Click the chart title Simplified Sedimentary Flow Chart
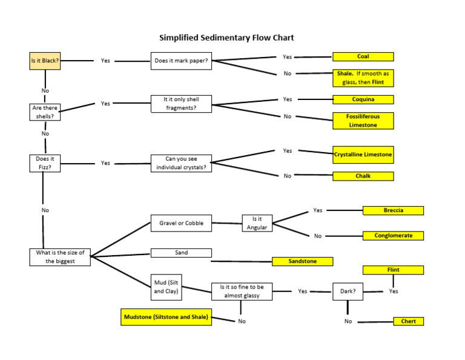point(226,38)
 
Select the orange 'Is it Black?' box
point(45,61)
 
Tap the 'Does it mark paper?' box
point(181,61)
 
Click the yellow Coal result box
point(363,56)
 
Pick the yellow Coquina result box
point(363,99)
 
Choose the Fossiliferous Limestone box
point(363,120)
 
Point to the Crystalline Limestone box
point(363,155)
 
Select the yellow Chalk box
point(363,176)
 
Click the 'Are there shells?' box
point(45,112)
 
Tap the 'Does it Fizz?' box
point(45,163)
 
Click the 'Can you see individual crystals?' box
point(181,163)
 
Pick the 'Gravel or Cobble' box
point(181,223)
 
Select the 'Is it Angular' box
point(257,223)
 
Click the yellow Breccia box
point(393,210)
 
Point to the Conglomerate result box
point(393,235)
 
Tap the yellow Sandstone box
point(303,261)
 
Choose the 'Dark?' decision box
point(348,291)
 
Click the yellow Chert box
point(409,321)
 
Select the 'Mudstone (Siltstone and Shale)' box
point(167,317)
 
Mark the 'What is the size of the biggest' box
point(60,257)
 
